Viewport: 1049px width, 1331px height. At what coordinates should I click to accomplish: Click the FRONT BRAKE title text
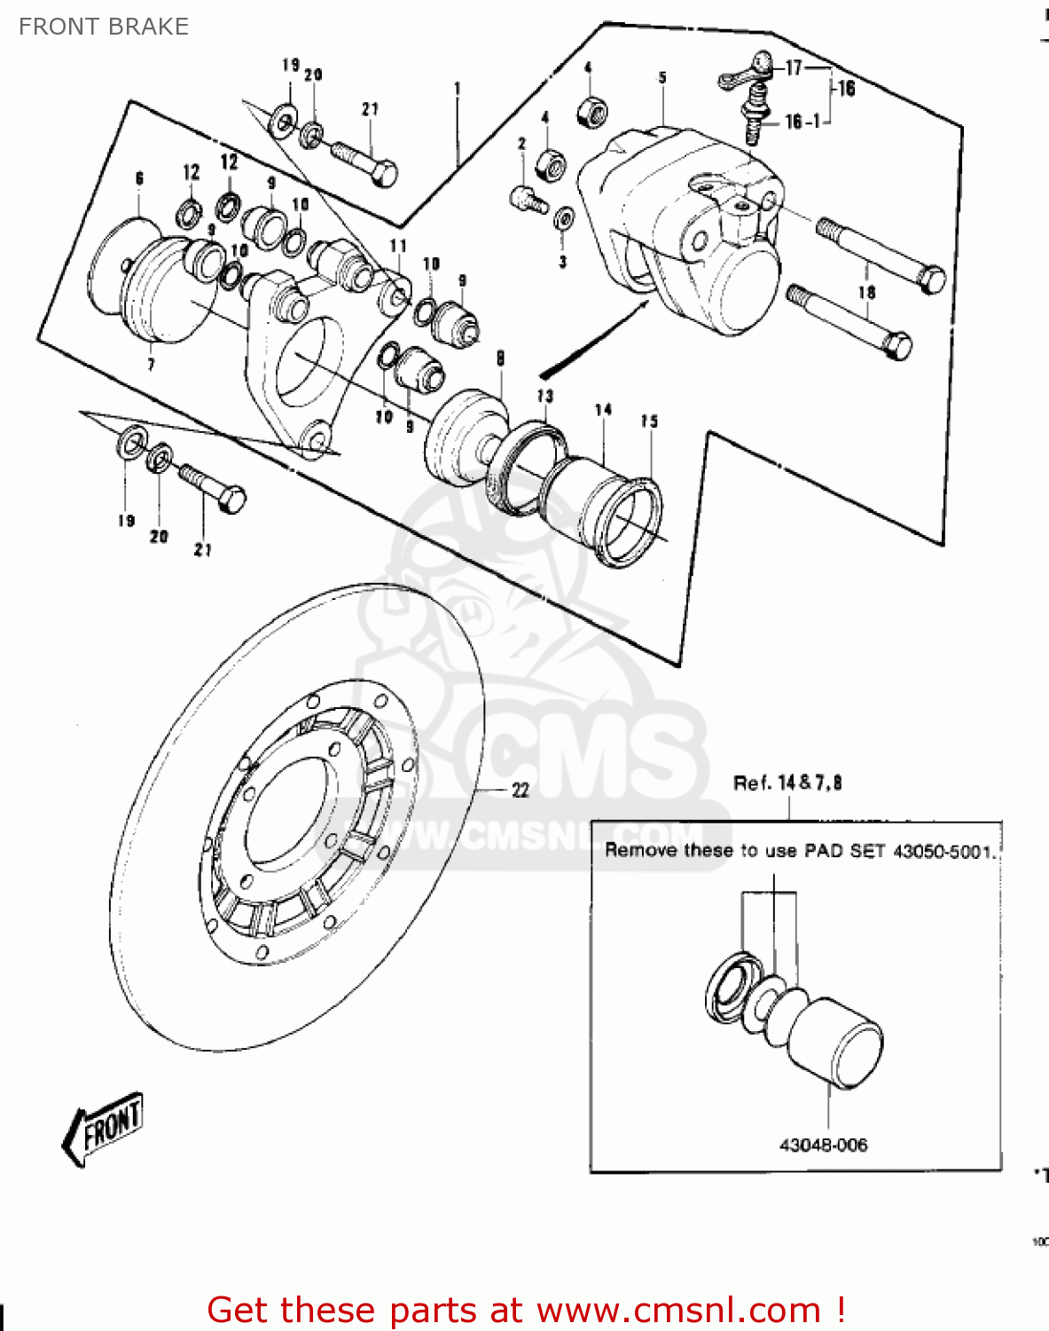[x=104, y=27]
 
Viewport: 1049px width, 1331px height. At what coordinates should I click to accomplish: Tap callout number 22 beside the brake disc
[x=521, y=790]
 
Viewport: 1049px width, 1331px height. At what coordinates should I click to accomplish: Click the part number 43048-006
[x=823, y=1145]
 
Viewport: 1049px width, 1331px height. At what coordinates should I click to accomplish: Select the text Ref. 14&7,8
[x=787, y=783]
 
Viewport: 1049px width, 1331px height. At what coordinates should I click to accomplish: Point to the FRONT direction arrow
[x=103, y=1128]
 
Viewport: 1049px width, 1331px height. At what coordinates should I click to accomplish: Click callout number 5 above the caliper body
[x=662, y=78]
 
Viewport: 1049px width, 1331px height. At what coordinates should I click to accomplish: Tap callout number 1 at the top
[x=458, y=88]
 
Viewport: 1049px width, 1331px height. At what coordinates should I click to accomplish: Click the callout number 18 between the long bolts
[x=866, y=292]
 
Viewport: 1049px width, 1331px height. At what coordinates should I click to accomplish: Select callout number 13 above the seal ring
[x=544, y=396]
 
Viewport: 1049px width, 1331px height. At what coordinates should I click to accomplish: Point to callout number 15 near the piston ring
[x=649, y=421]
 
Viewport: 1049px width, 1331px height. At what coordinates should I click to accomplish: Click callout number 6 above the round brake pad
[x=139, y=179]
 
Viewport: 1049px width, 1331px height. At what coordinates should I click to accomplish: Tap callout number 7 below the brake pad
[x=151, y=365]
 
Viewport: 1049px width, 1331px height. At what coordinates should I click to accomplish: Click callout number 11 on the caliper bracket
[x=398, y=246]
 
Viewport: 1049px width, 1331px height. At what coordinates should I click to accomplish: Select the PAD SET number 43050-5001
[x=943, y=851]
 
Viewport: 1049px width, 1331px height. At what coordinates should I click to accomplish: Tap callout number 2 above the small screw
[x=522, y=144]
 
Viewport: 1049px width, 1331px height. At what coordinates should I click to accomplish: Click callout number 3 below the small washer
[x=562, y=262]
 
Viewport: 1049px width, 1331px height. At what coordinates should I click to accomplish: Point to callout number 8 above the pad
[x=501, y=358]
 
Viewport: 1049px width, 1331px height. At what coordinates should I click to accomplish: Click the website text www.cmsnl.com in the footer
[x=678, y=1310]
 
